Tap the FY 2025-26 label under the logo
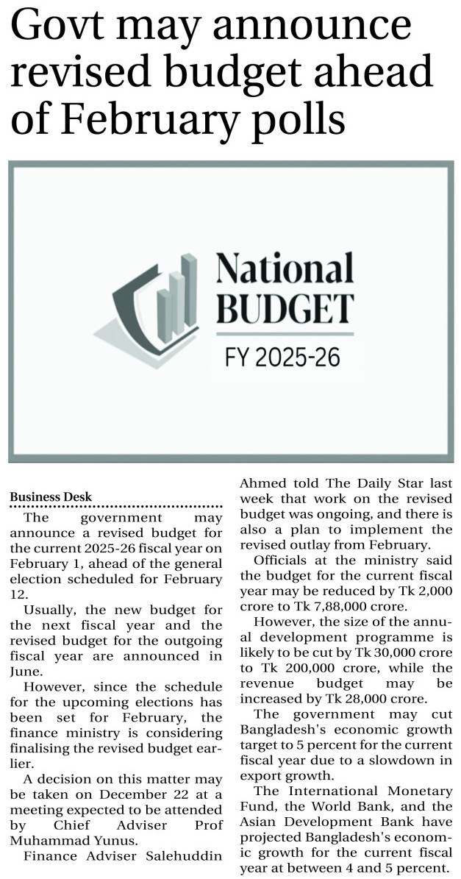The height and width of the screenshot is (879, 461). (282, 358)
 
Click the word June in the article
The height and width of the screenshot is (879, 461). (38, 670)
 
